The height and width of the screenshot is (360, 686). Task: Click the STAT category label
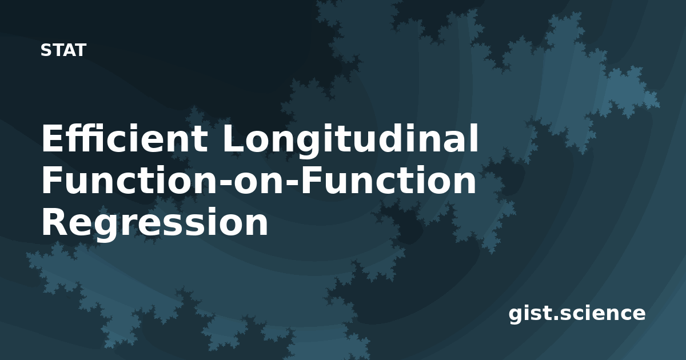[63, 50]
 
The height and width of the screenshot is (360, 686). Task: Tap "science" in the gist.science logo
[603, 313]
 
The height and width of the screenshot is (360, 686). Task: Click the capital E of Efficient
[52, 138]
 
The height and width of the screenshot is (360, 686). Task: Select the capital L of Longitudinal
[234, 138]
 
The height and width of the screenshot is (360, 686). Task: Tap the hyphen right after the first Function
[226, 183]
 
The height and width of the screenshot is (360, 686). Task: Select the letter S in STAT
[46, 50]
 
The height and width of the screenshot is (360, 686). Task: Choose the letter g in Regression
[103, 229]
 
